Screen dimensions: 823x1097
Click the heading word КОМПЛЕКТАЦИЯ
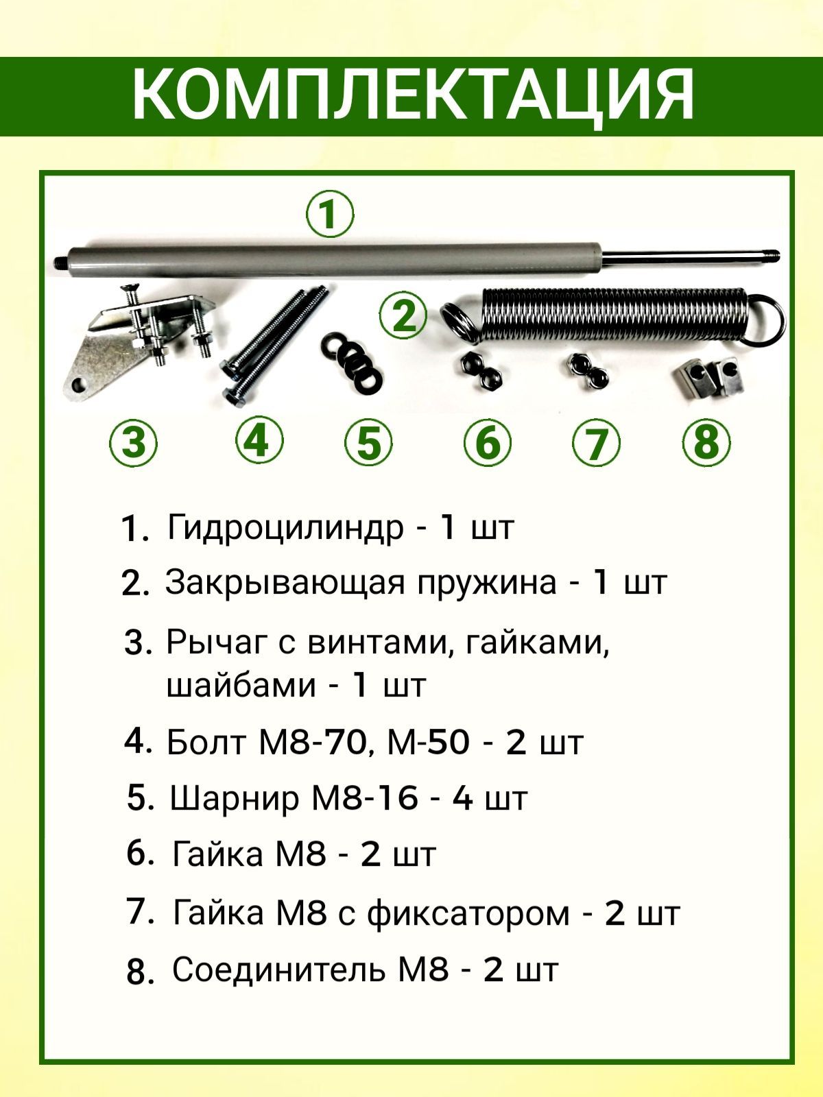[413, 97]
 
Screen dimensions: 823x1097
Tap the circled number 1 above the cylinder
[330, 215]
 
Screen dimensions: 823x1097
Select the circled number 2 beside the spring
[403, 315]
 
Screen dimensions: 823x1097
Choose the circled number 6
[488, 442]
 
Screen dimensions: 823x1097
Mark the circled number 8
[706, 442]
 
